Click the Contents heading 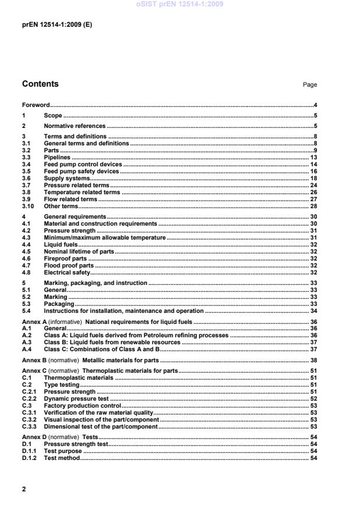[40, 84]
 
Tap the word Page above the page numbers [310, 85]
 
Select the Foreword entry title [35, 105]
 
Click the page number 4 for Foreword [315, 105]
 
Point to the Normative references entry [75, 126]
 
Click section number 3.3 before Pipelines [26, 158]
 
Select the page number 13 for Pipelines [313, 158]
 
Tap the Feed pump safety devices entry [83, 172]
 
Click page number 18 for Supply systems [313, 179]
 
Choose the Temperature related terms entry [82, 192]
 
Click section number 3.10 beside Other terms [27, 206]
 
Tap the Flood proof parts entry [69, 265]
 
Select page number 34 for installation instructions [313, 311]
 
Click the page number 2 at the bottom [24, 489]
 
